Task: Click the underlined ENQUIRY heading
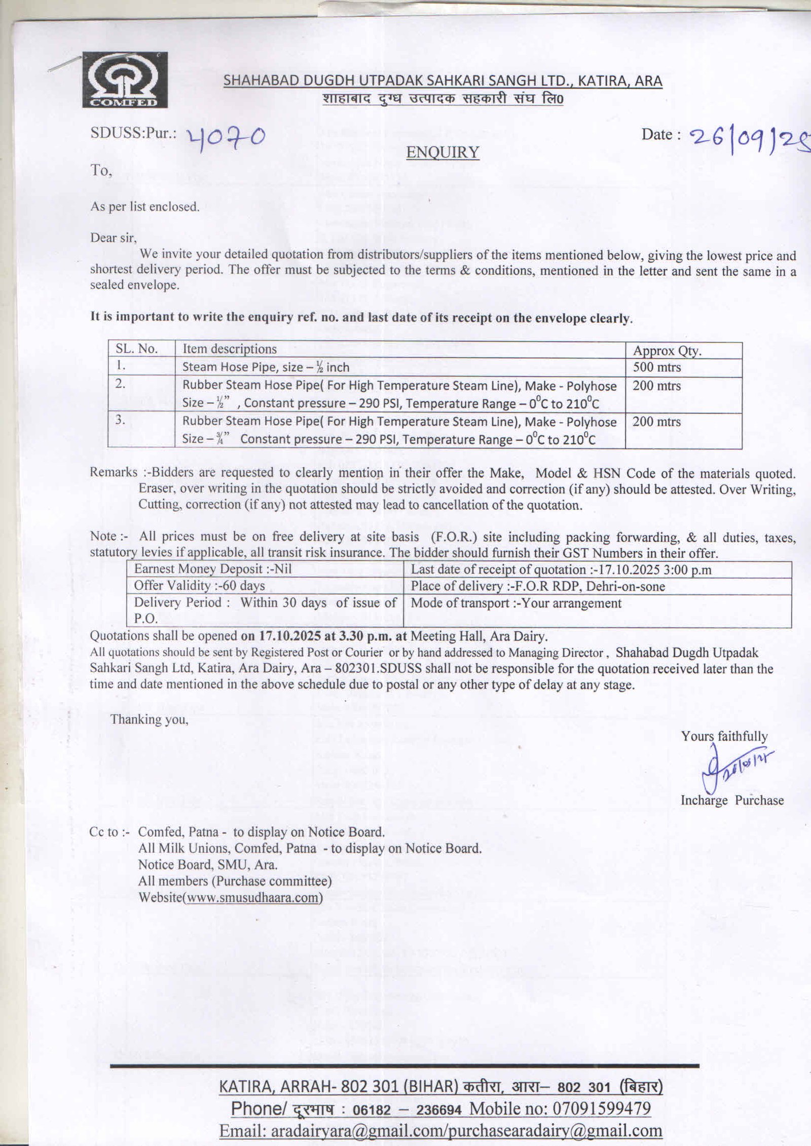click(x=443, y=152)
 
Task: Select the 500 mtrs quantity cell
click(x=656, y=367)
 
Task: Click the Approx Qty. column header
click(x=667, y=351)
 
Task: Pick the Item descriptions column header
click(x=230, y=349)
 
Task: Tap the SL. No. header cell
click(x=137, y=349)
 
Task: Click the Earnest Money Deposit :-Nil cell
click(x=213, y=569)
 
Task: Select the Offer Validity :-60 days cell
click(x=200, y=586)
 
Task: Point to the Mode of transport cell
click(x=516, y=603)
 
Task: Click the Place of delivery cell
click(x=538, y=586)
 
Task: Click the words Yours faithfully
click(x=724, y=736)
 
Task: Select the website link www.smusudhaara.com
click(x=252, y=898)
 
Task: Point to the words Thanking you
click(x=150, y=719)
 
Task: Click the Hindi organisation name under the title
click(x=443, y=99)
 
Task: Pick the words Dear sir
click(x=114, y=237)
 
